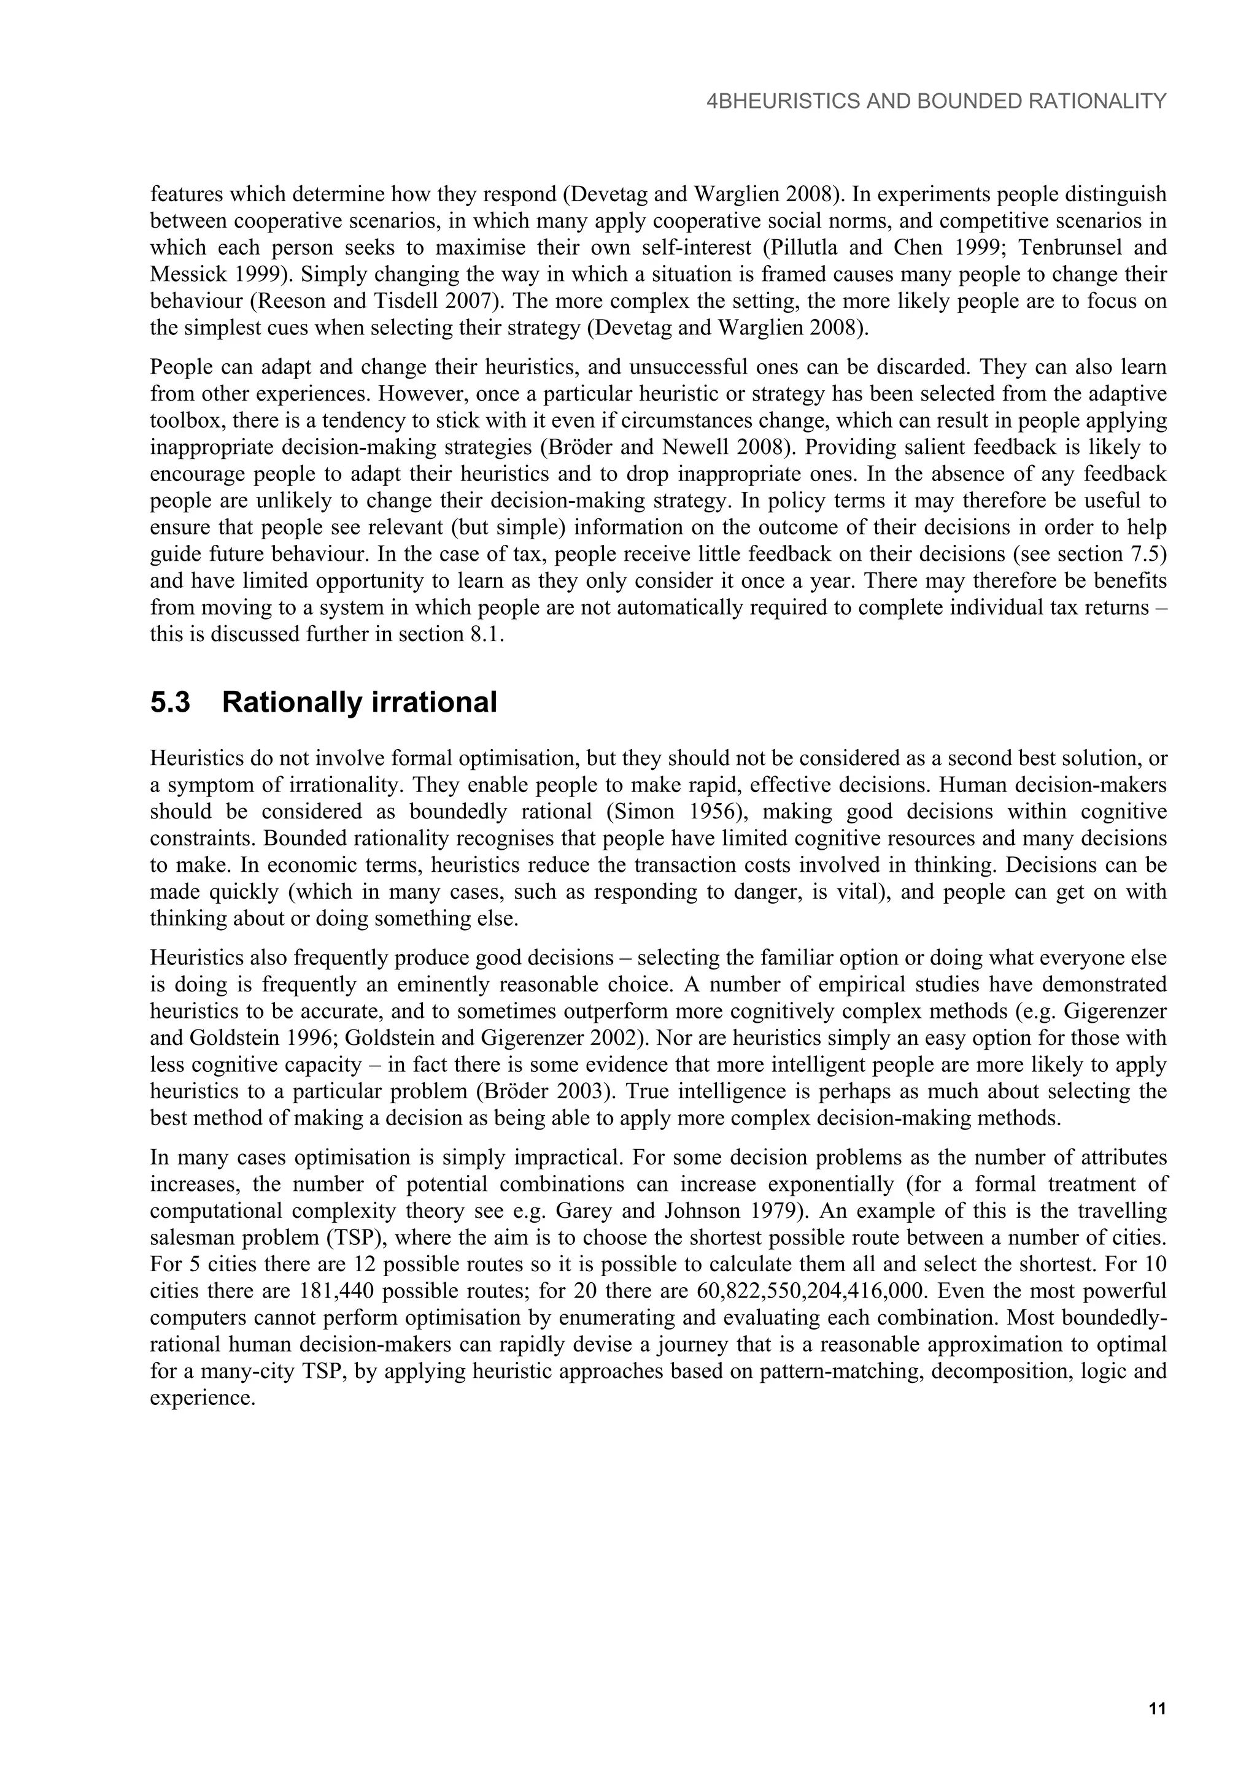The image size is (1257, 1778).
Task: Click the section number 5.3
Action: pyautogui.click(x=171, y=703)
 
